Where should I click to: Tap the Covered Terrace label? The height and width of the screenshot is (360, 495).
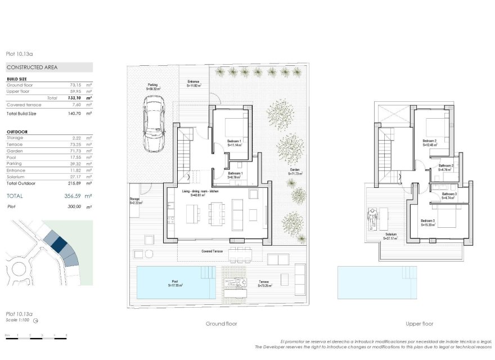pos(213,251)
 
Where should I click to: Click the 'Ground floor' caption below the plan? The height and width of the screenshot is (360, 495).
pos(221,323)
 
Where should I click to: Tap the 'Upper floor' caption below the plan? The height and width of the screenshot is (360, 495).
pos(419,323)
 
